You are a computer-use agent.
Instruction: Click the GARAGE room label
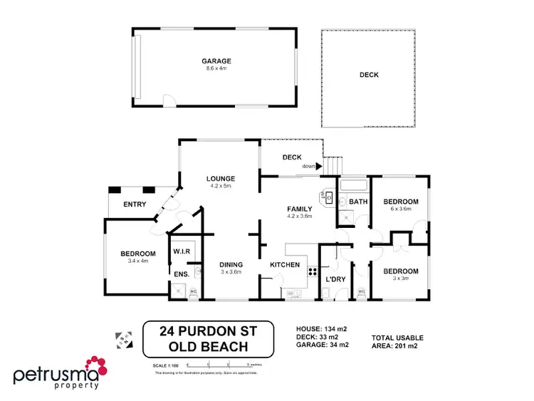click(217, 61)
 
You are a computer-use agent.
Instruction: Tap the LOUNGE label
click(221, 178)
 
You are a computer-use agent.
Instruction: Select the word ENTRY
click(135, 205)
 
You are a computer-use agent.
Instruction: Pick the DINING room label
click(232, 264)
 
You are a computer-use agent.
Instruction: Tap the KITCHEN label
click(286, 265)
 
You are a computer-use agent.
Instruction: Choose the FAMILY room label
click(300, 209)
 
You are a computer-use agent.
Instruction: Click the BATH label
click(357, 202)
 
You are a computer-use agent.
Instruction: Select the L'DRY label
click(335, 279)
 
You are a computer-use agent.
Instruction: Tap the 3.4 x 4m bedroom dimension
click(138, 261)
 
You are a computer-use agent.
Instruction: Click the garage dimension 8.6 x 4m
click(217, 69)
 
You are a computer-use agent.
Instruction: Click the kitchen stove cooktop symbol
click(311, 271)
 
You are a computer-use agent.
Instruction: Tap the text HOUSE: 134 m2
click(321, 328)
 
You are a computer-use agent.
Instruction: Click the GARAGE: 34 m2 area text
click(323, 345)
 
